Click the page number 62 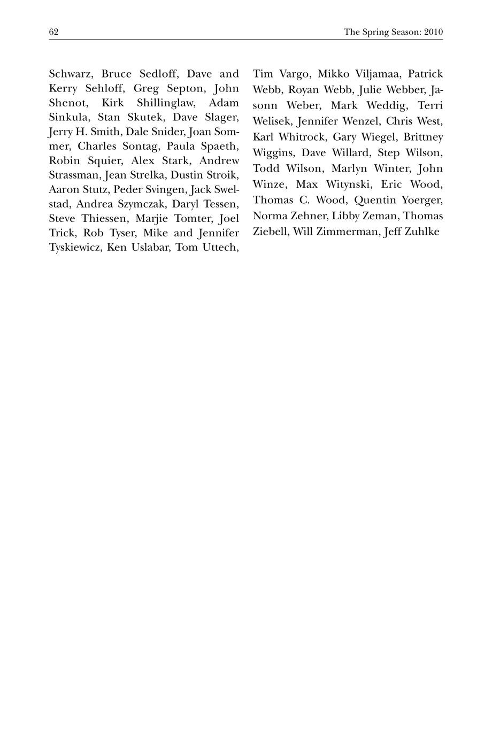53,32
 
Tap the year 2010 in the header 434,32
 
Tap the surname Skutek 144,117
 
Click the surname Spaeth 216,146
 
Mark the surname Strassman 75,175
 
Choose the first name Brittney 423,137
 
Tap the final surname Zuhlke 423,232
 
